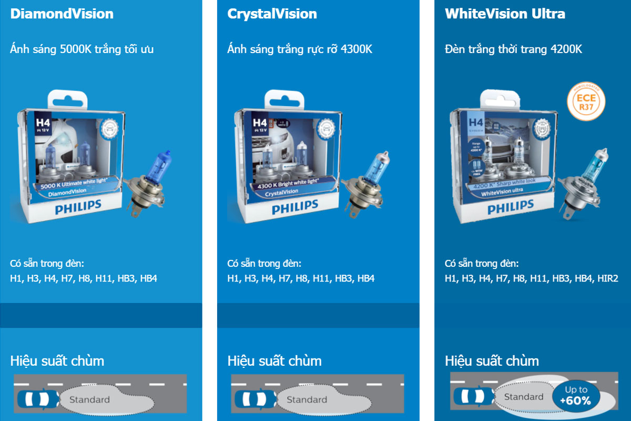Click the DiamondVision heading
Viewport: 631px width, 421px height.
click(x=62, y=14)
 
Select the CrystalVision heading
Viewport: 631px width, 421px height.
click(x=272, y=14)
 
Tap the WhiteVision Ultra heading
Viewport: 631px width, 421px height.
click(x=505, y=14)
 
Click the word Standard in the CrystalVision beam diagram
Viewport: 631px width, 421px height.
click(x=307, y=400)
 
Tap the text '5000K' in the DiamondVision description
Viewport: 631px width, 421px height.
click(x=76, y=49)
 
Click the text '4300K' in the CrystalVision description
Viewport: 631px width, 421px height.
click(x=357, y=49)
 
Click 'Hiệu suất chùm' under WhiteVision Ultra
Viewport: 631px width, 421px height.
click(x=492, y=361)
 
